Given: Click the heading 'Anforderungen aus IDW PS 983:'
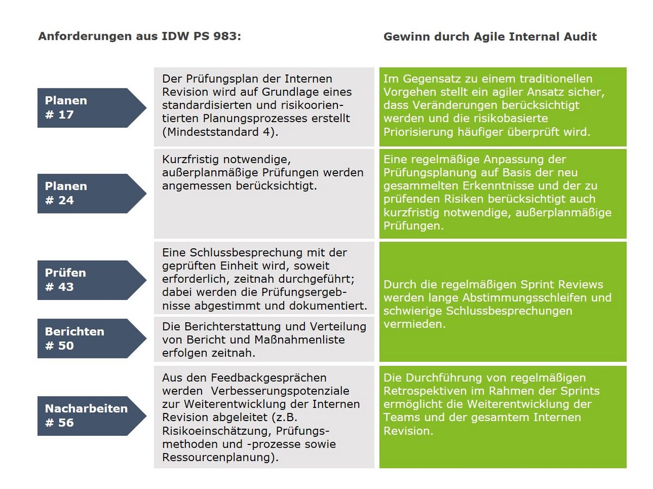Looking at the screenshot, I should (140, 37).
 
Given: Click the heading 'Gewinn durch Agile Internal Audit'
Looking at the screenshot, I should (490, 37).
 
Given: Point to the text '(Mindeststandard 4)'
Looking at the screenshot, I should (220, 131).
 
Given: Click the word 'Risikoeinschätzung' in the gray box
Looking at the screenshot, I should (215, 431).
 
